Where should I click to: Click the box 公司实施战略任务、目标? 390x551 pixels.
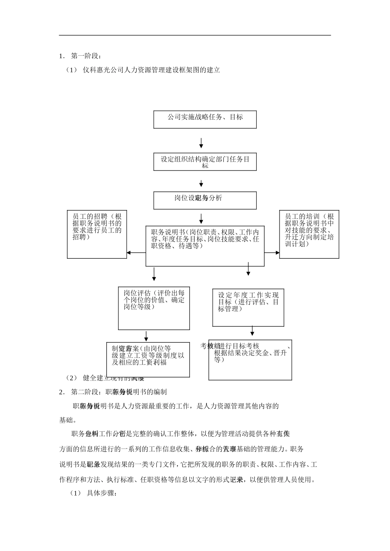(x=205, y=119)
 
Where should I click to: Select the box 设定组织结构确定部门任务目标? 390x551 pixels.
(x=205, y=162)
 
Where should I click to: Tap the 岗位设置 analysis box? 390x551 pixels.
(x=205, y=200)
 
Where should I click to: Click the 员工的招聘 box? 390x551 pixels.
(x=97, y=235)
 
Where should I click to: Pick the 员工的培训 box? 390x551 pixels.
(x=309, y=235)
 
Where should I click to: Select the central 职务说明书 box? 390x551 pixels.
(x=205, y=246)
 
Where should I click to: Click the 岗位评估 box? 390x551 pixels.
(x=154, y=308)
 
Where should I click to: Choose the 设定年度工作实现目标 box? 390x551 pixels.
(x=248, y=307)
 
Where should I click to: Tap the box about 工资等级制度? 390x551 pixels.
(x=148, y=360)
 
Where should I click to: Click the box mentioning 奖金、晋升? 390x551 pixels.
(x=250, y=360)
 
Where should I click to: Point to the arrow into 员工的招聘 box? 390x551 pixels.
(x=136, y=253)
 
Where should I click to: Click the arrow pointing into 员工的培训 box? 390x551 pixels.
(x=272, y=253)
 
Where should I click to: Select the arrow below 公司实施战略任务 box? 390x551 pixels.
(x=201, y=143)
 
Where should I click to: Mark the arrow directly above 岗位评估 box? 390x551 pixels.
(x=154, y=274)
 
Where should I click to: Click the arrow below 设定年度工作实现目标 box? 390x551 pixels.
(x=252, y=331)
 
